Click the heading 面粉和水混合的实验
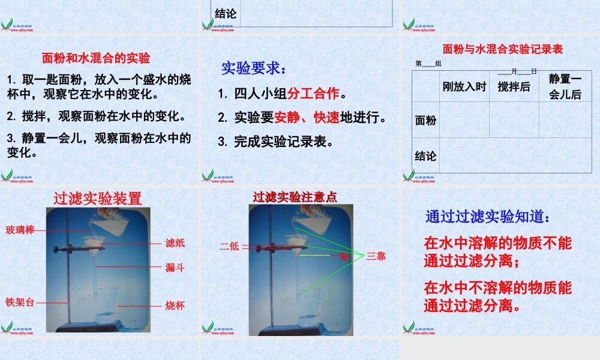(x=96, y=58)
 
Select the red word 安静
(x=286, y=118)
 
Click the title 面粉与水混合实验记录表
(x=502, y=49)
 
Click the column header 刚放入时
(x=464, y=86)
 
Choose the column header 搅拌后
(x=514, y=86)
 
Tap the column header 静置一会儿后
(x=565, y=86)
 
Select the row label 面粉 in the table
(x=425, y=120)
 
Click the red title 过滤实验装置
(x=97, y=198)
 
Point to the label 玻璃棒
(x=20, y=230)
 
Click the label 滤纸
(x=175, y=243)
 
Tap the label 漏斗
(x=175, y=268)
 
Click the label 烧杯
(x=175, y=305)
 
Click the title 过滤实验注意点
(x=295, y=196)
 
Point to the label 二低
(x=229, y=245)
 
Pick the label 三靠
(x=376, y=256)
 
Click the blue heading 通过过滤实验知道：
(x=487, y=217)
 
